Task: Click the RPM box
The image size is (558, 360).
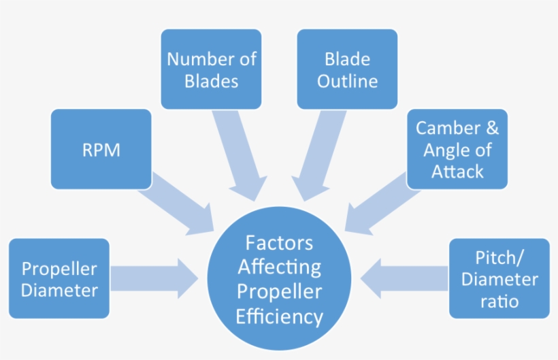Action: [x=101, y=149]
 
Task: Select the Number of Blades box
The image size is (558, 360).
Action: [x=211, y=69]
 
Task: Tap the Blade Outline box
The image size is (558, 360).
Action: [x=347, y=69]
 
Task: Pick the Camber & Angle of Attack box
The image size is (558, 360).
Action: [x=457, y=149]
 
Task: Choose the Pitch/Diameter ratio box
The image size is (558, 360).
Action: [x=499, y=278]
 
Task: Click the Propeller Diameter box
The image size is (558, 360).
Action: [x=59, y=278]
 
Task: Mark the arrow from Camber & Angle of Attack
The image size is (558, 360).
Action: [x=378, y=201]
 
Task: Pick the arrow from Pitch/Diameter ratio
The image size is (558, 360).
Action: [x=405, y=278]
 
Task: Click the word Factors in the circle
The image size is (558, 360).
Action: [x=279, y=243]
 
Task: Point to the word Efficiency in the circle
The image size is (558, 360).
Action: [x=279, y=316]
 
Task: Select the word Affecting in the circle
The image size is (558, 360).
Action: [x=279, y=267]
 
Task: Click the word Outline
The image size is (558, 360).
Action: [x=347, y=82]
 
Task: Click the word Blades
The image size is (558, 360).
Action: [x=211, y=82]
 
